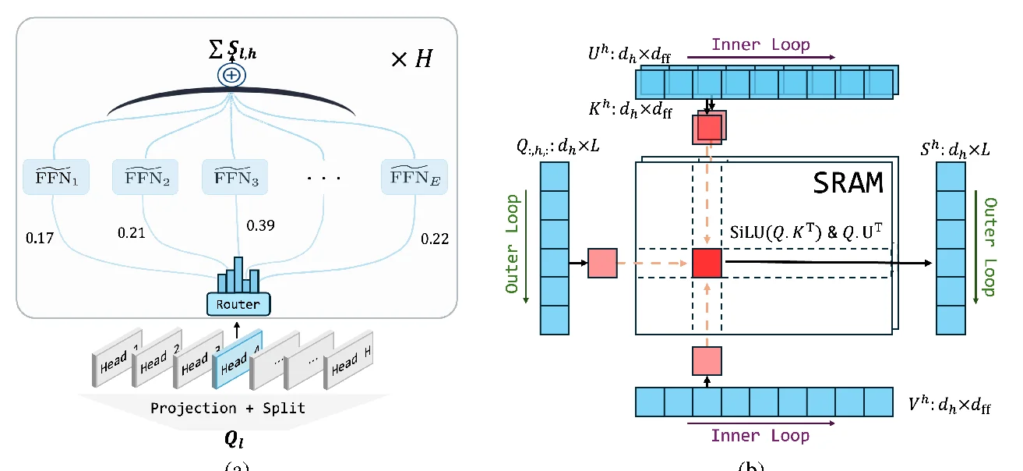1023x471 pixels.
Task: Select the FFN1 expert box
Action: tap(56, 178)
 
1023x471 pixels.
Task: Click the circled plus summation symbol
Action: tap(231, 76)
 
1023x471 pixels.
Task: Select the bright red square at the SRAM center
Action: tap(707, 264)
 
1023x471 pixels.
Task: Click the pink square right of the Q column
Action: tap(602, 264)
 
